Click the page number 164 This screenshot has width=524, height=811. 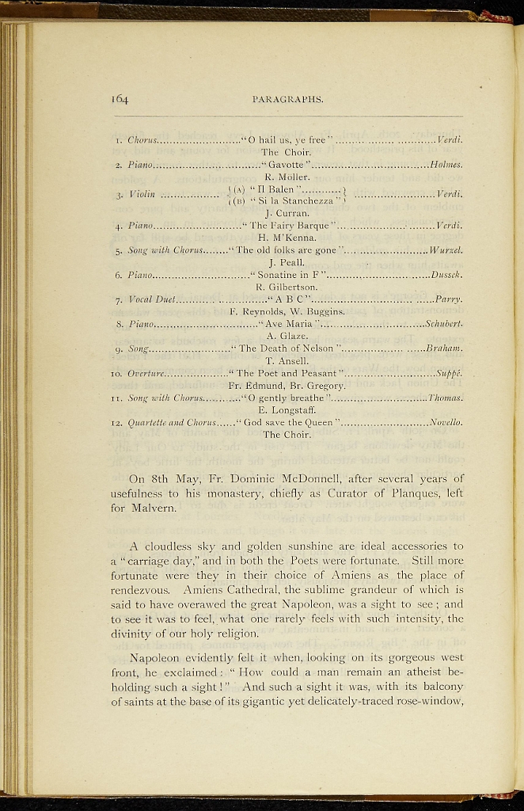120,99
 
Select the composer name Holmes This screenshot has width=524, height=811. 446,166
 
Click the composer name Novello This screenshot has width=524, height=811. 446,422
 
